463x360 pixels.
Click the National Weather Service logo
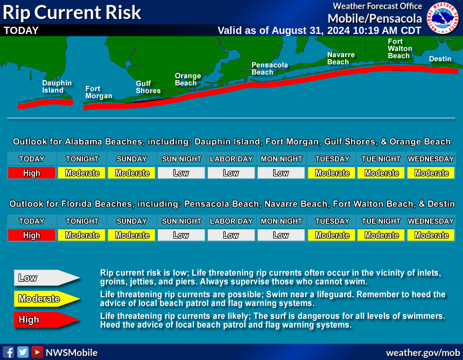442,17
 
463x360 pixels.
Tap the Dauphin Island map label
57,87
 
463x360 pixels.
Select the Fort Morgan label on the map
99,93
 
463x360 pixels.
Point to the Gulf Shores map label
148,87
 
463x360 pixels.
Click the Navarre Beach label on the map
341,58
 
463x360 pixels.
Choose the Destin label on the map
440,59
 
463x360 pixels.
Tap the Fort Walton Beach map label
400,48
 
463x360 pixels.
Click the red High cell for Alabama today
31,173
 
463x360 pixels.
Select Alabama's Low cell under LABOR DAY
231,173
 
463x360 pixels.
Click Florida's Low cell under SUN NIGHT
181,235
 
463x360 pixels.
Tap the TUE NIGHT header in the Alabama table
381,159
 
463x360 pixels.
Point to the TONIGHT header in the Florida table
82,221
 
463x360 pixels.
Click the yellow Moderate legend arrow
47,299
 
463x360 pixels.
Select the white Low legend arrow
47,278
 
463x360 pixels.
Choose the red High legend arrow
47,320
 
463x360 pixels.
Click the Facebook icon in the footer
8,352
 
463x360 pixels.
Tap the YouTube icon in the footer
37,352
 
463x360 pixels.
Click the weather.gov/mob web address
423,353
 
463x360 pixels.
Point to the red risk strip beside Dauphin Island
46,103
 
